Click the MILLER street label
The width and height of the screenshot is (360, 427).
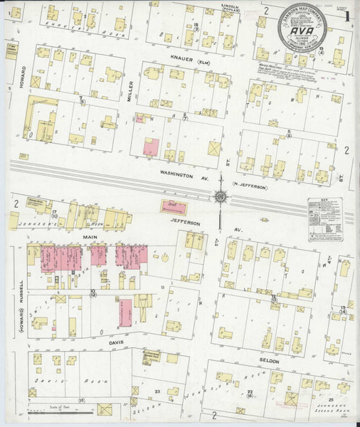point(130,100)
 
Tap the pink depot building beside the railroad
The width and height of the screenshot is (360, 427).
point(176,206)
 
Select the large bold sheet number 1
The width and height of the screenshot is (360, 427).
point(346,15)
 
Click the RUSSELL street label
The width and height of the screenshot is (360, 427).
point(21,285)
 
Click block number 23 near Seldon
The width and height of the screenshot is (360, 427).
point(157,391)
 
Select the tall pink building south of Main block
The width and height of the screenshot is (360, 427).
point(126,311)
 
